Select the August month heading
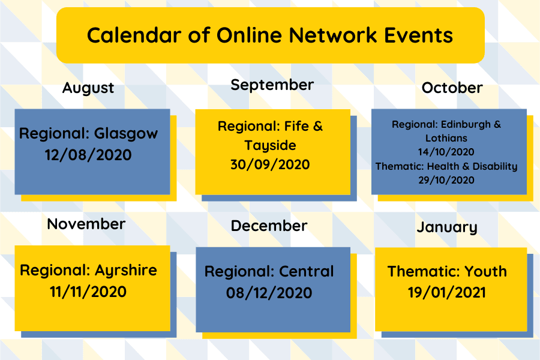88,88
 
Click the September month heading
272,85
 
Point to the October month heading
452,88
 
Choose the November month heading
86,224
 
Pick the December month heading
269,226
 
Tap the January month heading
447,227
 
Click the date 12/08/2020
88,154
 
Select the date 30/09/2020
270,164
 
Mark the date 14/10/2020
446,152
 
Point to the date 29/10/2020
446,180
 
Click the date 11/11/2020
88,292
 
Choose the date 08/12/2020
269,293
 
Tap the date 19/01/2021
447,293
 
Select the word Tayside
270,146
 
